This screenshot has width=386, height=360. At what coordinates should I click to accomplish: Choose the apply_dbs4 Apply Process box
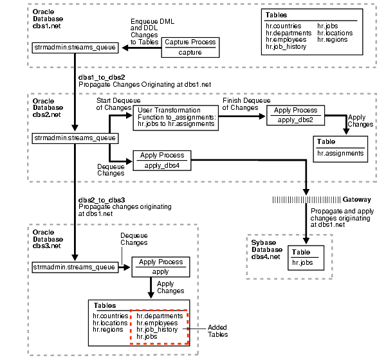[162, 160]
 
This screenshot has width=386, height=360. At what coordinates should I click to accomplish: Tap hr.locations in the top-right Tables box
[334, 40]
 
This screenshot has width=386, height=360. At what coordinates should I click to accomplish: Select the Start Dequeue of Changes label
[114, 104]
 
